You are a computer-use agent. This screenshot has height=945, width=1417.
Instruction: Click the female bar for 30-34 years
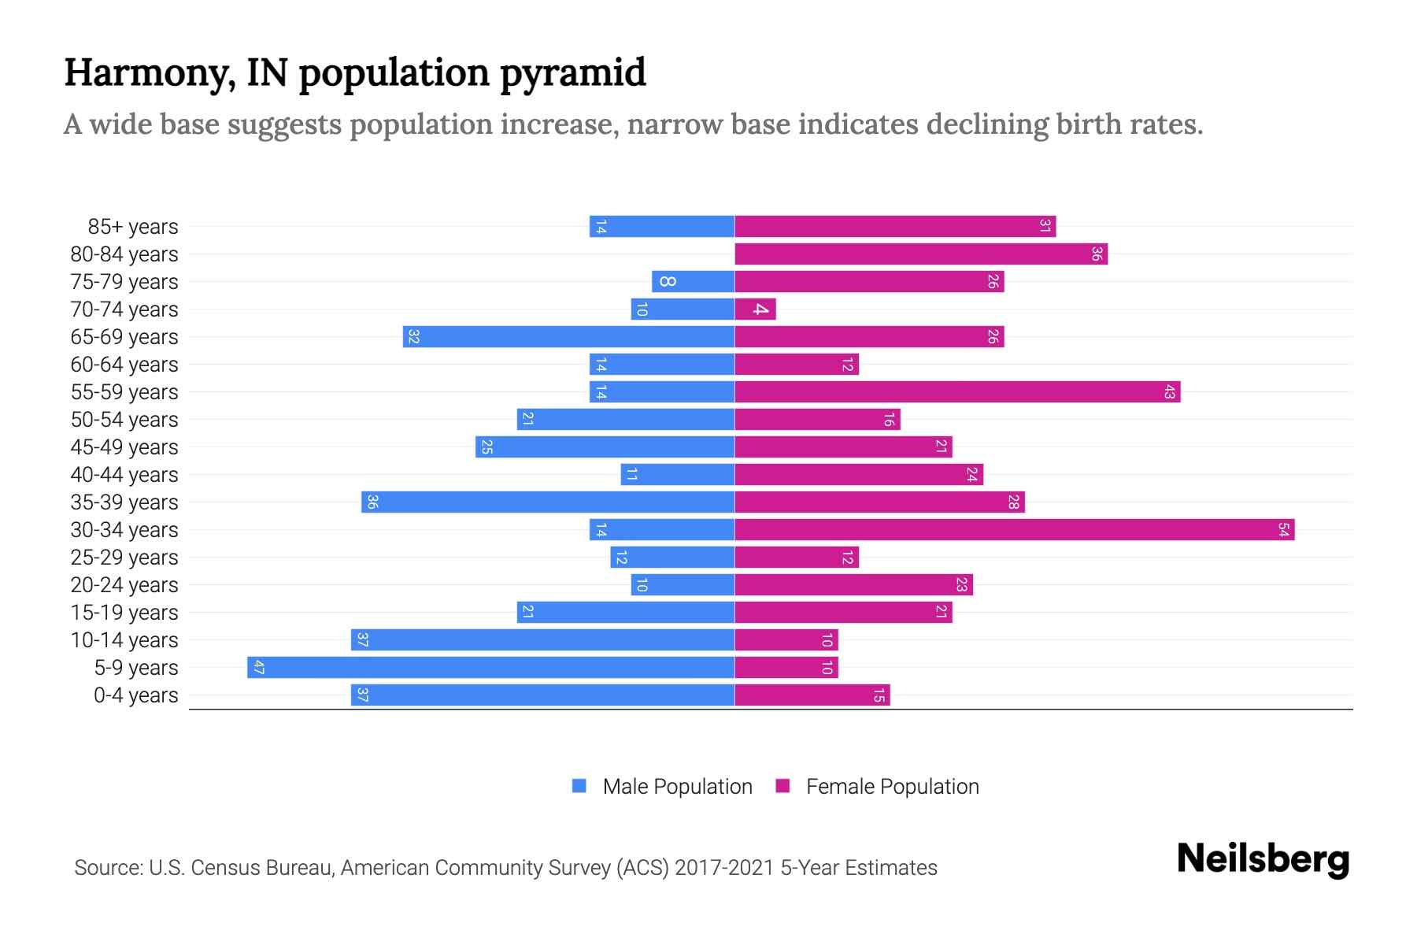pyautogui.click(x=1014, y=529)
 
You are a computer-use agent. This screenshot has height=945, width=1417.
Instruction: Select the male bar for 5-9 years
pyautogui.click(x=490, y=667)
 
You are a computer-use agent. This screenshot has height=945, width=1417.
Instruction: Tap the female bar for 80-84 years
pyautogui.click(x=921, y=254)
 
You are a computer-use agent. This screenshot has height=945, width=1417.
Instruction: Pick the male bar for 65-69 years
pyautogui.click(x=568, y=336)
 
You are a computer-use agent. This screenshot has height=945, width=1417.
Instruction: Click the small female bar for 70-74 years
pyautogui.click(x=755, y=309)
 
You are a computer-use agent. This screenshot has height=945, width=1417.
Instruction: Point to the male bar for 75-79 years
pyautogui.click(x=693, y=281)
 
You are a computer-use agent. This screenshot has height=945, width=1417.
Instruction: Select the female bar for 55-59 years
pyautogui.click(x=957, y=391)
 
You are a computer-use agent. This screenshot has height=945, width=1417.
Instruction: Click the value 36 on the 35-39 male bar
pyautogui.click(x=372, y=502)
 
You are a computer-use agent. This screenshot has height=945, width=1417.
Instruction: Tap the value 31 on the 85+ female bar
pyautogui.click(x=1045, y=226)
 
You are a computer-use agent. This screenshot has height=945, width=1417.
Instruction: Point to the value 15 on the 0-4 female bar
pyautogui.click(x=879, y=695)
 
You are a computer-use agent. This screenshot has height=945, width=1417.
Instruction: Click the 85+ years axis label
pyautogui.click(x=133, y=227)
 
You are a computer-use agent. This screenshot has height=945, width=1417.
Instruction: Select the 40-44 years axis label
pyautogui.click(x=124, y=475)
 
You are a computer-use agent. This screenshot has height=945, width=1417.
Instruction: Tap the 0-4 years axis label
pyautogui.click(x=135, y=695)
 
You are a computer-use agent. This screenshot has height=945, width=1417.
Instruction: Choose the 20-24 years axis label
pyautogui.click(x=124, y=585)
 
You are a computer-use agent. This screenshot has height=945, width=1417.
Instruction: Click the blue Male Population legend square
pyautogui.click(x=579, y=786)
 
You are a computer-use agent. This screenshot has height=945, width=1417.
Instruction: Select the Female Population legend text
pyautogui.click(x=892, y=786)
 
